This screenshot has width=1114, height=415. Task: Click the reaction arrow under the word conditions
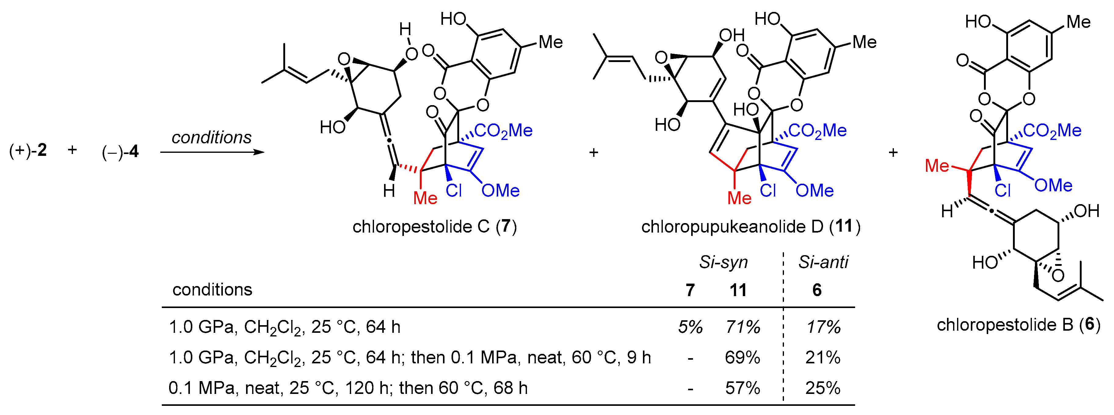click(x=212, y=152)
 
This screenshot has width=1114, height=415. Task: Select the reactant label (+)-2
click(x=28, y=151)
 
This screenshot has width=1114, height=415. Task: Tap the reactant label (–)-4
click(x=120, y=152)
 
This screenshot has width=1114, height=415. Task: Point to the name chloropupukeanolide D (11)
click(x=750, y=226)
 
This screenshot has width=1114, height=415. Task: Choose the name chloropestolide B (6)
click(x=1018, y=324)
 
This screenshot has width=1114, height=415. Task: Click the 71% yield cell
click(x=742, y=327)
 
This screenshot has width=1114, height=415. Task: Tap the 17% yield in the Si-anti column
click(x=823, y=327)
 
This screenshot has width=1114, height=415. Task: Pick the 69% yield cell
click(x=742, y=358)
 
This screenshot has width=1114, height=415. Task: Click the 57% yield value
click(x=742, y=388)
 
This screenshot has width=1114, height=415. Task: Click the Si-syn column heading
click(x=724, y=262)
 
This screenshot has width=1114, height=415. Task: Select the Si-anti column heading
click(x=823, y=262)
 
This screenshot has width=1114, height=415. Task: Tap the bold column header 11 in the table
click(x=738, y=290)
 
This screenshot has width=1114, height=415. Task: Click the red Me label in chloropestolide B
click(x=937, y=166)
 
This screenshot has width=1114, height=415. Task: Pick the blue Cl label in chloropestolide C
click(x=454, y=190)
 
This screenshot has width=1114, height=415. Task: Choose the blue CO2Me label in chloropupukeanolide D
click(x=817, y=130)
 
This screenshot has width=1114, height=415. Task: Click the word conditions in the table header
click(x=212, y=289)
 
